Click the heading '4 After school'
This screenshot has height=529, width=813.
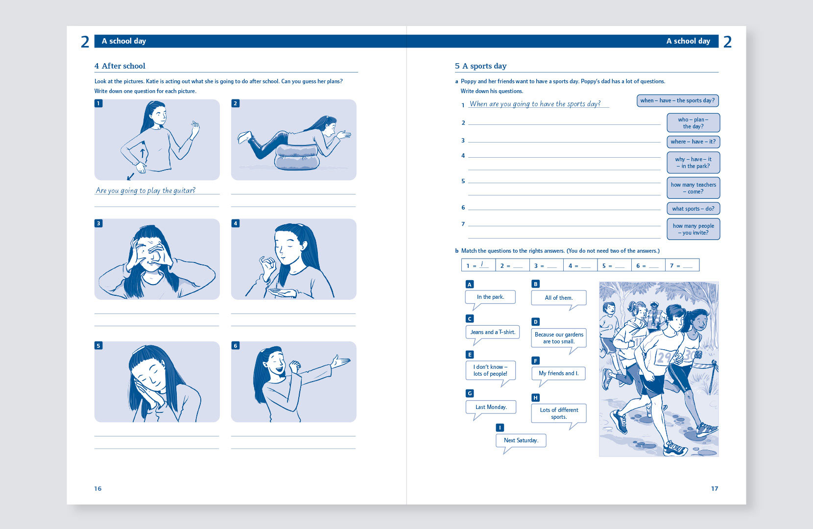(120, 66)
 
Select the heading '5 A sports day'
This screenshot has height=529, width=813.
(480, 66)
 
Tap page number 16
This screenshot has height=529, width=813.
(98, 488)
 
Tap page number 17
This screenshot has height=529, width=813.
(714, 488)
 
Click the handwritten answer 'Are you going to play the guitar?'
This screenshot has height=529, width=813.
(145, 190)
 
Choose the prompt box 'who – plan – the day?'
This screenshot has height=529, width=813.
(693, 123)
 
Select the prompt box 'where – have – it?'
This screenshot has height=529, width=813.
(693, 142)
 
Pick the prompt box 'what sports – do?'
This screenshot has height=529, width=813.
(693, 208)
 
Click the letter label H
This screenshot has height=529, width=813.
(535, 398)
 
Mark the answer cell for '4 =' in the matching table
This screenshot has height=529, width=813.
(580, 265)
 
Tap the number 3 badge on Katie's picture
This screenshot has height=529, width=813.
(98, 223)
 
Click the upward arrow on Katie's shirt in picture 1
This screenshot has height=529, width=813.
(143, 153)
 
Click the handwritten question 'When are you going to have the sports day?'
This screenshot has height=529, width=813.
(535, 104)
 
